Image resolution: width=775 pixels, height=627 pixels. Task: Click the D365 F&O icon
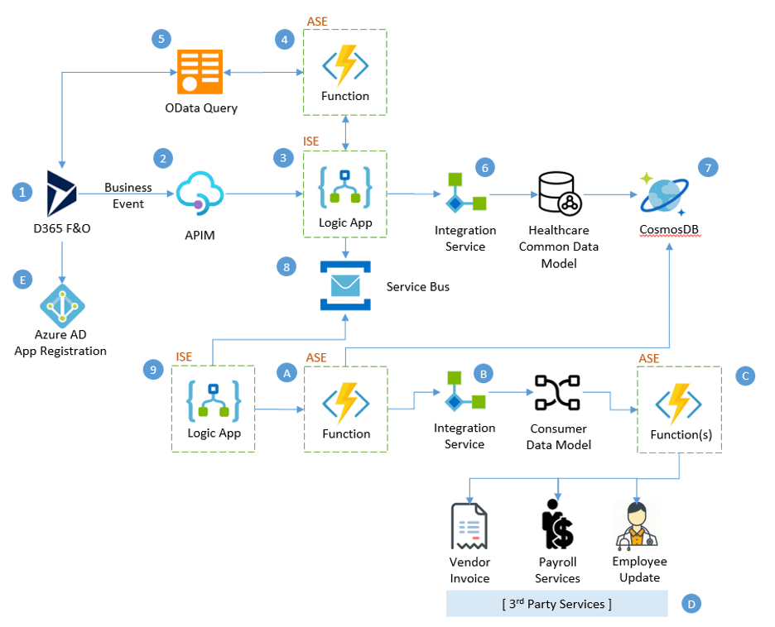tap(61, 194)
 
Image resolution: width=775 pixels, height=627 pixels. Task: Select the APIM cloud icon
tap(200, 194)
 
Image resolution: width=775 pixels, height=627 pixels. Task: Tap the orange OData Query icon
tap(200, 72)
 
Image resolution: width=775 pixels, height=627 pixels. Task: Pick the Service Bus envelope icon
tap(345, 285)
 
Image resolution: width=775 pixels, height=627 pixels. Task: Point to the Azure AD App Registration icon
tap(61, 305)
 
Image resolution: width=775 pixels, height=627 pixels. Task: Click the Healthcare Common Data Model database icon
tap(561, 194)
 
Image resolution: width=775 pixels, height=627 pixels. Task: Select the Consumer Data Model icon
tap(557, 394)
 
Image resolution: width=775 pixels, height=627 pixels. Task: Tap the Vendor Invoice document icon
tap(469, 527)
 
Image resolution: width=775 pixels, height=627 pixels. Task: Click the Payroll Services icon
tap(556, 524)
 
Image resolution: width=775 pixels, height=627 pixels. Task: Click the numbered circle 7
tap(707, 167)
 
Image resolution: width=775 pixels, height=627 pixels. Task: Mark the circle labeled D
tap(690, 604)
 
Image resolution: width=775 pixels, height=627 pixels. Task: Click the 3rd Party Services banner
tap(556, 604)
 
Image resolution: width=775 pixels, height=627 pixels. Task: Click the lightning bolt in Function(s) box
tap(679, 404)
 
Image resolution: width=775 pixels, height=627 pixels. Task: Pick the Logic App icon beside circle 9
tap(213, 403)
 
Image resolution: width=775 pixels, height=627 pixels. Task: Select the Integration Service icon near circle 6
tap(465, 194)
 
